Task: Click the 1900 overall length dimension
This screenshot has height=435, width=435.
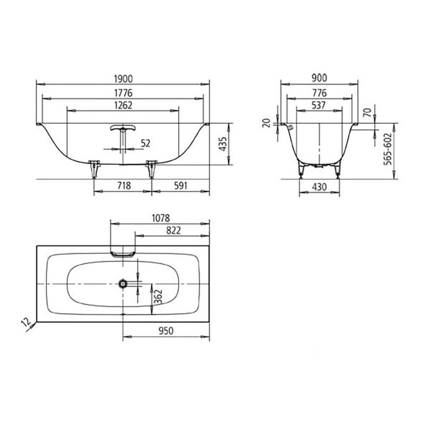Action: tap(122, 78)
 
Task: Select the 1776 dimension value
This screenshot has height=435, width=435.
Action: tap(122, 92)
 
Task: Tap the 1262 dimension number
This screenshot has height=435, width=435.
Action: tap(122, 106)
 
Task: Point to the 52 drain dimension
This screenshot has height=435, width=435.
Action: tap(145, 143)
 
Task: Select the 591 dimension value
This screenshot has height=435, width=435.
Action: tap(180, 186)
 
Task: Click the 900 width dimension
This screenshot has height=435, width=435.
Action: tap(319, 78)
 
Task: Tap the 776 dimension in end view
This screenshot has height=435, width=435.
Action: tap(319, 92)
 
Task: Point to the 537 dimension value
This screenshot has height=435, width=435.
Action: tap(319, 106)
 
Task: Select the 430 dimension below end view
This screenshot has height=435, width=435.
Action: tap(319, 186)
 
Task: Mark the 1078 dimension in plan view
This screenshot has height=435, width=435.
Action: tap(160, 218)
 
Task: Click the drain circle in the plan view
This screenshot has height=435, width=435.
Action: tap(124, 283)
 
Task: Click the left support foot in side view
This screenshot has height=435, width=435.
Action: tap(94, 166)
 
